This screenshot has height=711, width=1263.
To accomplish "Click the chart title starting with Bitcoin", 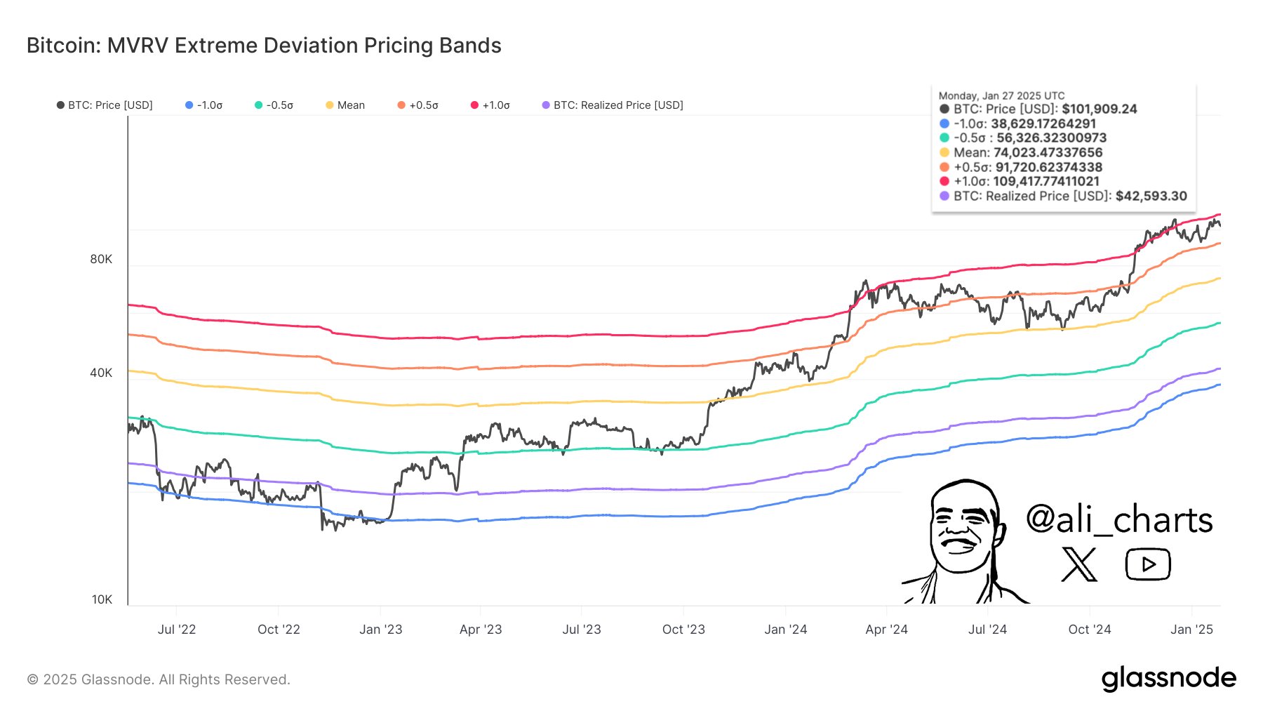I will pyautogui.click(x=264, y=46).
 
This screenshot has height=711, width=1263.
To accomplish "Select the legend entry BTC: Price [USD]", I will pyautogui.click(x=105, y=105).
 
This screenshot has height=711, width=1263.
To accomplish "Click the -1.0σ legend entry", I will pyautogui.click(x=204, y=105).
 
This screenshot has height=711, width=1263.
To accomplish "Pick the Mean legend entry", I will pyautogui.click(x=345, y=105).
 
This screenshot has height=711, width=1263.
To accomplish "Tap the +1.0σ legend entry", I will pyautogui.click(x=490, y=105).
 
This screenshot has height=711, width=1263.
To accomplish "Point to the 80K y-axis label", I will pyautogui.click(x=101, y=259).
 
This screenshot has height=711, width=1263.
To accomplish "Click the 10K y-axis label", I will pyautogui.click(x=102, y=599).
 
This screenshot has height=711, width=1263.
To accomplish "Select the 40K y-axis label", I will pyautogui.click(x=101, y=373).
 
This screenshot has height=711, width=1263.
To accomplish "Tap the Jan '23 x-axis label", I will pyautogui.click(x=380, y=630).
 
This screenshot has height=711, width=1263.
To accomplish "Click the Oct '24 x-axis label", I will pyautogui.click(x=1089, y=630).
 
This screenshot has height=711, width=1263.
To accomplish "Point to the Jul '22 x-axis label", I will pyautogui.click(x=177, y=630).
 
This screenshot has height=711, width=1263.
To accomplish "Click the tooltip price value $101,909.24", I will pyautogui.click(x=1099, y=109).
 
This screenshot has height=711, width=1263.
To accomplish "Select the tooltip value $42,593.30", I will pyautogui.click(x=1151, y=196).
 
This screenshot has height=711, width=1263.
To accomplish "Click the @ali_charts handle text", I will pyautogui.click(x=1118, y=520).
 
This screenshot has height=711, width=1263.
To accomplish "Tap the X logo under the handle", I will pyautogui.click(x=1079, y=564).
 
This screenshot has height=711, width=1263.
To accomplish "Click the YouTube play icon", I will pyautogui.click(x=1148, y=564).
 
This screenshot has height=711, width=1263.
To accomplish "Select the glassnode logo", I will pyautogui.click(x=1168, y=679).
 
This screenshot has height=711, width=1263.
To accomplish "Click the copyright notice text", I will pyautogui.click(x=159, y=679).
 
